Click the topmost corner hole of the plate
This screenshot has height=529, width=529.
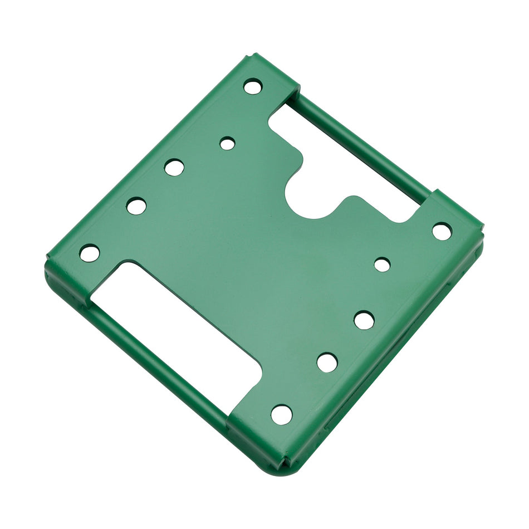tap(253, 86)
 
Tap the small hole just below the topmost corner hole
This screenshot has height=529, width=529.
tap(227, 144)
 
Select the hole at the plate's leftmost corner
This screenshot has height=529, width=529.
tap(90, 253)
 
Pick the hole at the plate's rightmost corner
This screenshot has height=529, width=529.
tap(442, 231)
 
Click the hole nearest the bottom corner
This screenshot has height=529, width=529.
tap(282, 414)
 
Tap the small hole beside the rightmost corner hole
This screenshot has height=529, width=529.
tap(382, 264)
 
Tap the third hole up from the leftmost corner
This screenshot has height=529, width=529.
tap(174, 167)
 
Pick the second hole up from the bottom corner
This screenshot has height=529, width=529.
tap(327, 363)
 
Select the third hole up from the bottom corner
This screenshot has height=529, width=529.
tap(364, 320)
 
